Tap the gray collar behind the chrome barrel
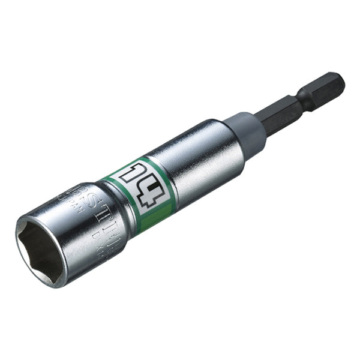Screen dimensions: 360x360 pyautogui.click(x=247, y=131)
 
